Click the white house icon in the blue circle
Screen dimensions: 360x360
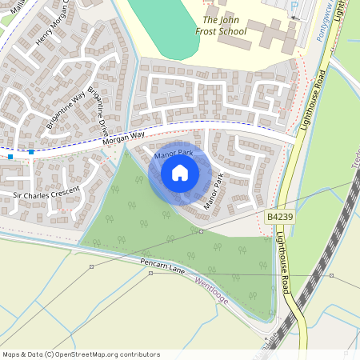[180, 173]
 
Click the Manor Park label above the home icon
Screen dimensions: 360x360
[174, 153]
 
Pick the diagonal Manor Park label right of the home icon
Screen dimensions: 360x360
[213, 191]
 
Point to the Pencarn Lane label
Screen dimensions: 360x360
[162, 265]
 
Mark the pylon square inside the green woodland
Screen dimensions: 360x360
[201, 231]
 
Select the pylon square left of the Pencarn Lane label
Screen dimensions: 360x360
[91, 266]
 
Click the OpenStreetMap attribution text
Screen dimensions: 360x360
[81, 354]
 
